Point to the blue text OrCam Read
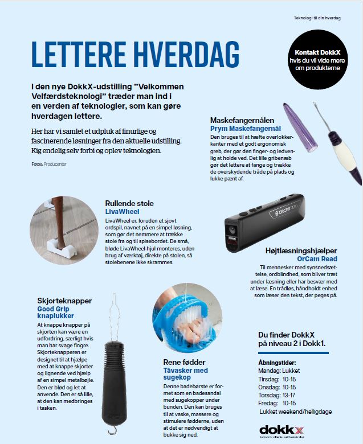[317, 258]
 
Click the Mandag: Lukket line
[279, 370]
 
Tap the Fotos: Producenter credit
[50, 164]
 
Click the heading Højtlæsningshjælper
[301, 250]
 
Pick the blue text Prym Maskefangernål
[246, 129]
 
